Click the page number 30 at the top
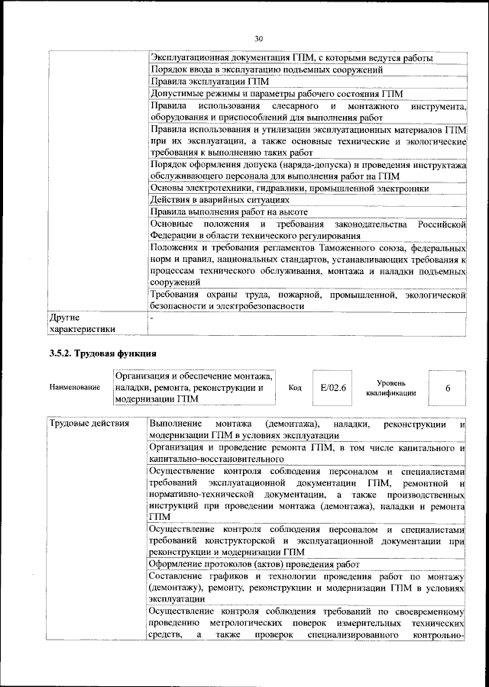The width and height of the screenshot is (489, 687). (257, 39)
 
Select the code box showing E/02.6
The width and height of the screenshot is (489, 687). (333, 388)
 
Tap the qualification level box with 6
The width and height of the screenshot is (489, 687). (448, 389)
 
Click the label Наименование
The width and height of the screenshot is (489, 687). (74, 388)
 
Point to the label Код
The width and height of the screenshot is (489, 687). (295, 388)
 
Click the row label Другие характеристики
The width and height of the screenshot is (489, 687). (82, 323)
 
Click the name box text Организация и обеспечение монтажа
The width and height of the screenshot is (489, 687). (193, 376)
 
